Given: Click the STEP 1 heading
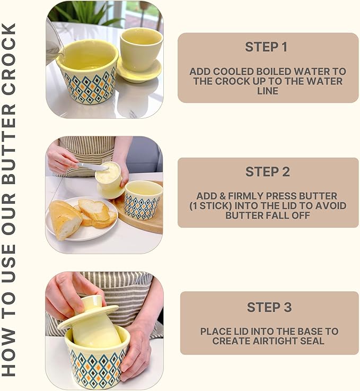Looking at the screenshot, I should click(x=266, y=47).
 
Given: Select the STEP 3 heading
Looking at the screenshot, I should click(x=268, y=307).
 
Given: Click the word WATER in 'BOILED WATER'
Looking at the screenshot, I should click(x=323, y=72).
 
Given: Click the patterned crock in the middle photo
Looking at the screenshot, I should click(x=142, y=200).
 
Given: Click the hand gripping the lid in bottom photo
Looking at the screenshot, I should click(x=69, y=294).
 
